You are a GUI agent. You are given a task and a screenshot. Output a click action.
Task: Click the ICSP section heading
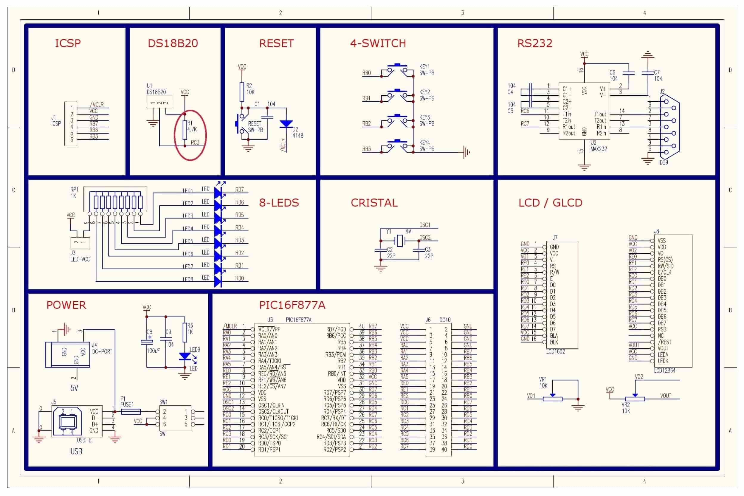coord(68,43)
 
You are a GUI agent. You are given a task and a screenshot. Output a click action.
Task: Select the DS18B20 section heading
coord(173,43)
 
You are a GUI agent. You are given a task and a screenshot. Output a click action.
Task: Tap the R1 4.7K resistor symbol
coord(185,130)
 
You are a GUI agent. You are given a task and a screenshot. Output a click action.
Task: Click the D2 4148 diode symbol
coord(286,124)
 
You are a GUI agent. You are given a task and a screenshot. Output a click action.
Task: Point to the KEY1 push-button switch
coord(397,71)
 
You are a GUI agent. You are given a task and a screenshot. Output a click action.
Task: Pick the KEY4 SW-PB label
coord(427,146)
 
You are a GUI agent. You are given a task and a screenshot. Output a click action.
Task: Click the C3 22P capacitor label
coord(429,253)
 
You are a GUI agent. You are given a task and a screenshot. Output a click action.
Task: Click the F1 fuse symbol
coord(131,412)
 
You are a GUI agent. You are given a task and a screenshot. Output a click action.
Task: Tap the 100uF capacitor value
coord(153,351)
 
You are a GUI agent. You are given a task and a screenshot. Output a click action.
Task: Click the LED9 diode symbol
coord(185,356)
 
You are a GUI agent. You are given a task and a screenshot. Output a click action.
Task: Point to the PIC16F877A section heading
coord(292,305)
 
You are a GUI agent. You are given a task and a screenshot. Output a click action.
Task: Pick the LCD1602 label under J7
coord(556,351)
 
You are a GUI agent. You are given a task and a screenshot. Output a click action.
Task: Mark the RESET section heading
coord(277,43)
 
